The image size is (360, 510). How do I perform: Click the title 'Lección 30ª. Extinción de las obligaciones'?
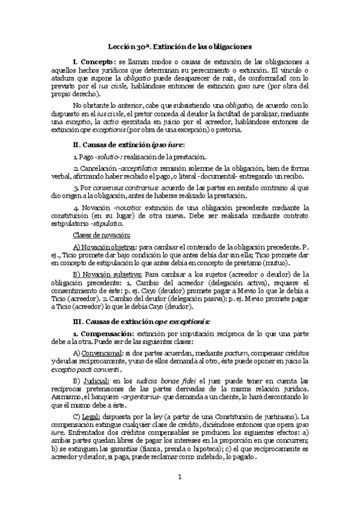180,46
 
